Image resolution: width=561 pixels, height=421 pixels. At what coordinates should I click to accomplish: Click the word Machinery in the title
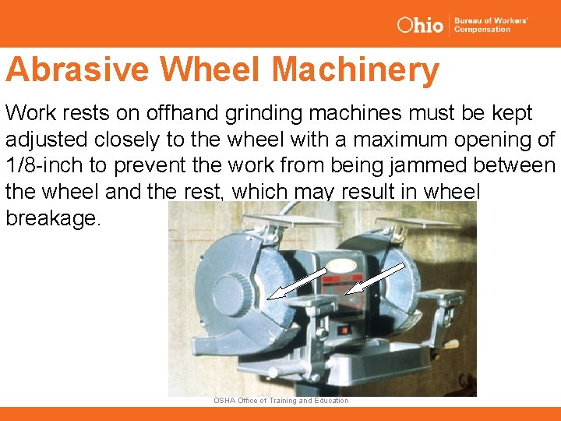click(x=355, y=70)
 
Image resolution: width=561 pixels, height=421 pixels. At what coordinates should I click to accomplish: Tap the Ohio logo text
click(x=420, y=25)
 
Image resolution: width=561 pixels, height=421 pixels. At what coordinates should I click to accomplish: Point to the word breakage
click(x=53, y=218)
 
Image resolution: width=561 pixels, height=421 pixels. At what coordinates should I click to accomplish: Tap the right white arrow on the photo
click(x=375, y=278)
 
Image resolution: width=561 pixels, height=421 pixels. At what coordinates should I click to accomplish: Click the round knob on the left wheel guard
click(x=231, y=294)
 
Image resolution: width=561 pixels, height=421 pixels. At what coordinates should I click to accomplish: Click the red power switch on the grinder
click(x=343, y=330)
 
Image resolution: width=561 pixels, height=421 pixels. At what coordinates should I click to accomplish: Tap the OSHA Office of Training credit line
click(x=281, y=401)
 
